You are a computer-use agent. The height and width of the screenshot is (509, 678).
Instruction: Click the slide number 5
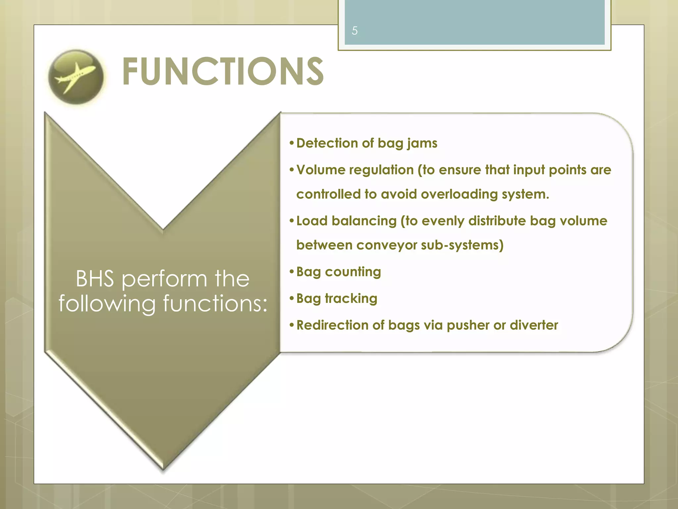[x=355, y=31]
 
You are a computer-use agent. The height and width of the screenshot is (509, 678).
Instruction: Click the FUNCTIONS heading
[x=223, y=72]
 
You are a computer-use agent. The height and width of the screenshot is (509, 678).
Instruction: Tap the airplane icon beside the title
[x=76, y=77]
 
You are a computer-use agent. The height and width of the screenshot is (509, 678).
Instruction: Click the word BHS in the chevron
[x=95, y=279]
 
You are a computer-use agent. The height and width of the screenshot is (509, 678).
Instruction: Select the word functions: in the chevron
[x=215, y=304]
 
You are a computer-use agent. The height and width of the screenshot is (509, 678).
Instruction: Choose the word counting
[x=353, y=272]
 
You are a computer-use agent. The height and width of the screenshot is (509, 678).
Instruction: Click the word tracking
[x=351, y=299]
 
